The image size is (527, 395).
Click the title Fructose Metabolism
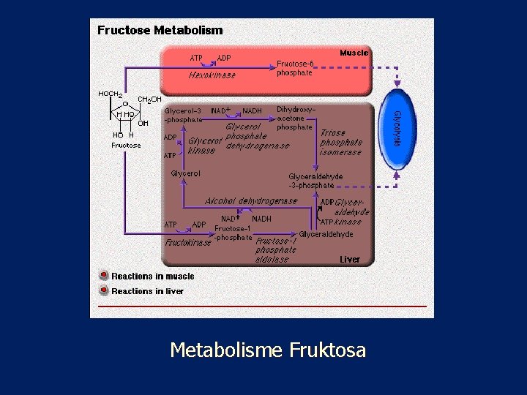[x=160, y=31]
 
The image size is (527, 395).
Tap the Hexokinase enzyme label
[x=212, y=75]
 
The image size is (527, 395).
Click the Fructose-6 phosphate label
[x=295, y=68]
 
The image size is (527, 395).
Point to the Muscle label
[x=354, y=53]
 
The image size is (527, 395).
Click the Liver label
[x=350, y=259]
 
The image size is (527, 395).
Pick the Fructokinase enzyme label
[x=188, y=242]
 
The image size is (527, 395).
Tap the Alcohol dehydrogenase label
[x=251, y=201]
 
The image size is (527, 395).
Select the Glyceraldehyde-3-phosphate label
[x=315, y=181]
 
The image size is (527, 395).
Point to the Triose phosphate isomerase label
[x=341, y=143]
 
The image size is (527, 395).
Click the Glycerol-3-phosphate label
[x=183, y=115]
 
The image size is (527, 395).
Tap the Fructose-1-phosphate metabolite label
[x=233, y=232]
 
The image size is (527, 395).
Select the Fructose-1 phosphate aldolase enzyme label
[x=276, y=249]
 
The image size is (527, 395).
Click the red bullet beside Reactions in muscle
[x=104, y=276]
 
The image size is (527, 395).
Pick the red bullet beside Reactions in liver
[x=104, y=290]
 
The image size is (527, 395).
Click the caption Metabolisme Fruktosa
[x=267, y=350]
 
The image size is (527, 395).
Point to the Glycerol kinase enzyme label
[x=204, y=146]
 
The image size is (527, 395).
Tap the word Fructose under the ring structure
[x=126, y=146]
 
